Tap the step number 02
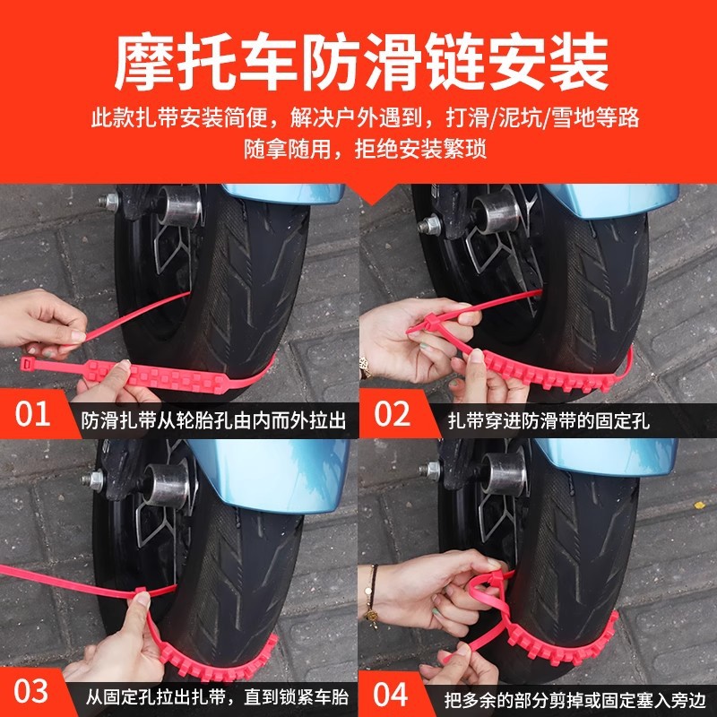coord(392,415)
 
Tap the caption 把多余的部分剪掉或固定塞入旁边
coord(569,695)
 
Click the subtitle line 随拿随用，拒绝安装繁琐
coord(358,149)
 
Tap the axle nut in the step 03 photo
coord(94,480)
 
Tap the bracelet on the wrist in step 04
coord(369,592)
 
